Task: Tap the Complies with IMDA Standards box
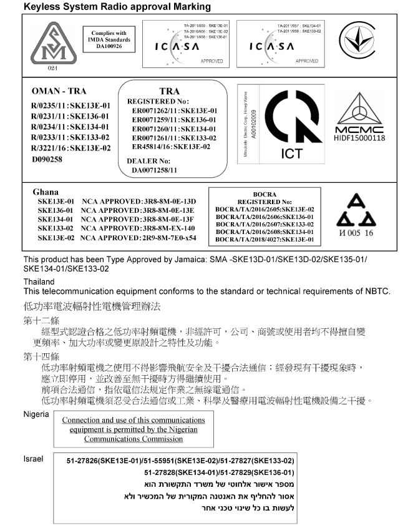tap(109, 39)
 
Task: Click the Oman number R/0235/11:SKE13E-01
tap(70, 106)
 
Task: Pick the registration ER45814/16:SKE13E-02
tap(171, 147)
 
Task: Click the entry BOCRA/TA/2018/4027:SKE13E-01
tap(265, 239)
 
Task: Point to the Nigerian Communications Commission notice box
tap(132, 429)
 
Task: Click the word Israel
tap(33, 459)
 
